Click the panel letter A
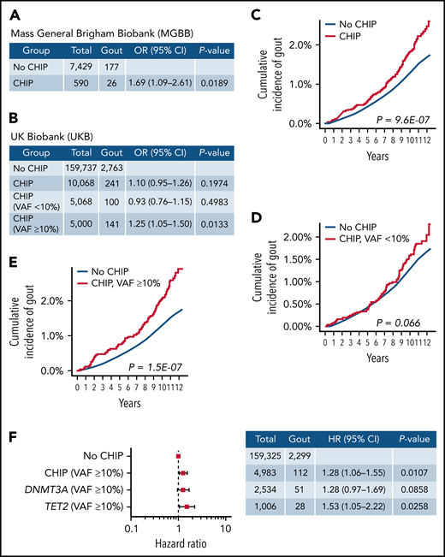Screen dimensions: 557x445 click(12, 12)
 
